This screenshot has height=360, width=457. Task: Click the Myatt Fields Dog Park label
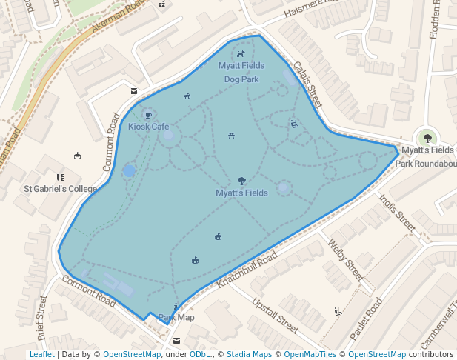coord(241,72)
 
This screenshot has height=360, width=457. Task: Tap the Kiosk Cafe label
coord(148,127)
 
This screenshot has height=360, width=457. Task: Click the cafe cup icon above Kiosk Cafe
coord(148,115)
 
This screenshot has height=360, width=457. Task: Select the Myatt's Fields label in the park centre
coord(241,193)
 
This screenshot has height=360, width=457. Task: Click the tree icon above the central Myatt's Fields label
coord(241,181)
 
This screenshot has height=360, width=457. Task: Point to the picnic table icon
coord(233,135)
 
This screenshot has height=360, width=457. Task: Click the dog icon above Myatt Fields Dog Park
coord(241,54)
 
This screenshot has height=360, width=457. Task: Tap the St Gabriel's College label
coord(61,189)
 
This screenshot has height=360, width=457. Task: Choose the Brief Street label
coord(41,318)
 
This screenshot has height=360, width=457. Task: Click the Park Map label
coord(176,318)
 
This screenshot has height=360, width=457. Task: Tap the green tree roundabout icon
coord(427,137)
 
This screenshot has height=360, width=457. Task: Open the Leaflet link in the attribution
coord(41,354)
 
